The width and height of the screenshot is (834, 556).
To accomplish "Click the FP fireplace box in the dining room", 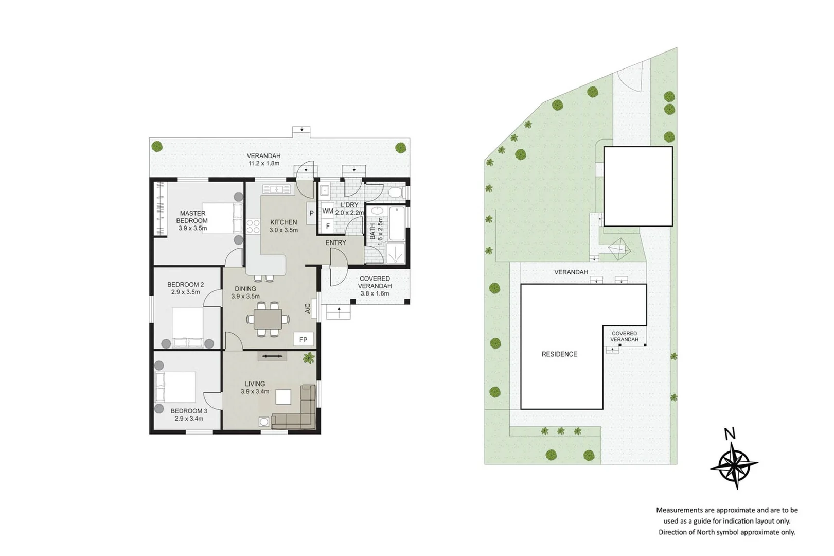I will point(303,339).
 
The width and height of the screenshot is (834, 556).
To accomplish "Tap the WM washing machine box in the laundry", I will point(328,211).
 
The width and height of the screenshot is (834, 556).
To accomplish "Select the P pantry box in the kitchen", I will point(311,213).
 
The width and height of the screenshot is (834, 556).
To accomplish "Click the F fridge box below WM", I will point(328,225).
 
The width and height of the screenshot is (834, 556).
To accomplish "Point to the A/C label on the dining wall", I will point(308,308).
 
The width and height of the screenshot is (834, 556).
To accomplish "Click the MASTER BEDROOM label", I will point(192,217).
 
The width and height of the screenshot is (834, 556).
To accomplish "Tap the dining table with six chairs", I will point(268,319).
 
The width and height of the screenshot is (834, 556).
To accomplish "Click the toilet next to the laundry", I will point(396,193).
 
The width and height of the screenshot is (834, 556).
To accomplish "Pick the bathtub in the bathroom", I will point(397,224).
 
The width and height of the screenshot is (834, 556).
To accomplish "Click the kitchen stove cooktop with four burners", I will point(253,227).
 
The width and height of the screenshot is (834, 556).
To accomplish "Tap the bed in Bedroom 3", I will point(176,387).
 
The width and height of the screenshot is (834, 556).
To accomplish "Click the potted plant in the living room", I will point(309,358).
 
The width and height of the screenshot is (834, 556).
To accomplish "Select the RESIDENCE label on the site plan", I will point(559,354).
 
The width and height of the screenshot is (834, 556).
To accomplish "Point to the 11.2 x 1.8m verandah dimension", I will point(263,164).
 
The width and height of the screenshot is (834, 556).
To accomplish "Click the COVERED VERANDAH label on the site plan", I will point(624,336).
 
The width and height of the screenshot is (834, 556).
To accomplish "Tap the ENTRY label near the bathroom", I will point(335,242).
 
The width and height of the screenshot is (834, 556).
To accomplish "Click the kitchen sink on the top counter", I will point(277,189).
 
